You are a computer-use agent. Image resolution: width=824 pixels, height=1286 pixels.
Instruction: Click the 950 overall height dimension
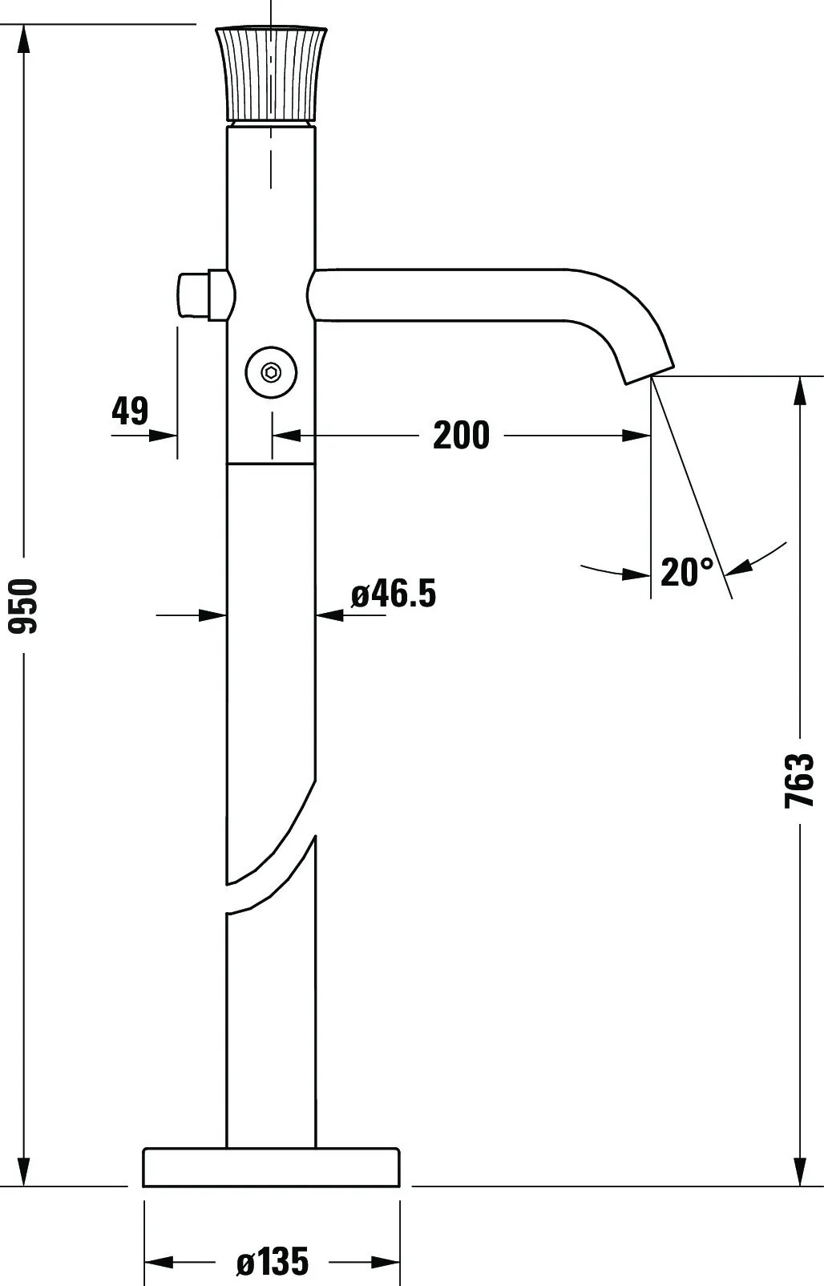click(24, 606)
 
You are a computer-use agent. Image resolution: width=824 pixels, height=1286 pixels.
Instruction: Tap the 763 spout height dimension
click(799, 781)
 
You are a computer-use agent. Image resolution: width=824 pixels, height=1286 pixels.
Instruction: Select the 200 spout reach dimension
click(461, 435)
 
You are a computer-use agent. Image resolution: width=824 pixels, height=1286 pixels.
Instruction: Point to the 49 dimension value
click(130, 411)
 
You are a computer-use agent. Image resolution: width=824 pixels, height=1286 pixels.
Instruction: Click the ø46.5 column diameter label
click(394, 593)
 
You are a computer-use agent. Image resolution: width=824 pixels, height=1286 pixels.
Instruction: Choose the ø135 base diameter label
click(273, 1261)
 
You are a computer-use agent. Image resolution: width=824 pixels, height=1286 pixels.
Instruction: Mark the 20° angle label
click(687, 571)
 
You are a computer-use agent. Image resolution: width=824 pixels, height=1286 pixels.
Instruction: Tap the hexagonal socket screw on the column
click(271, 373)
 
